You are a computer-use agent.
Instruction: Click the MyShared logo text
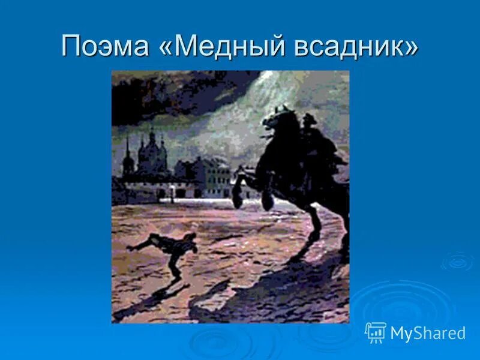coord(428,333)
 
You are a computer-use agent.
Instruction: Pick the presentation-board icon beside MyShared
coord(376,332)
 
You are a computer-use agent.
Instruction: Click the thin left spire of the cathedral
coord(127,153)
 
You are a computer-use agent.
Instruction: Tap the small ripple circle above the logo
coord(457,262)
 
